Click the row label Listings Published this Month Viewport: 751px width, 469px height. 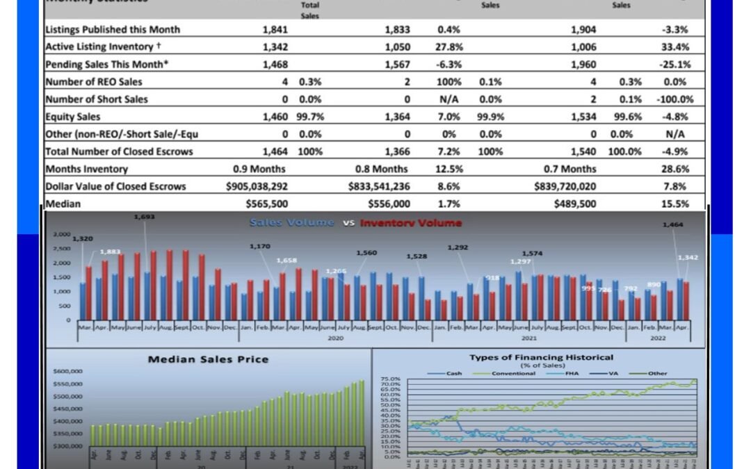click(x=112, y=29)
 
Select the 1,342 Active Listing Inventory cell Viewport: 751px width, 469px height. click(x=275, y=47)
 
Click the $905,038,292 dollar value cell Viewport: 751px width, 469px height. click(x=257, y=186)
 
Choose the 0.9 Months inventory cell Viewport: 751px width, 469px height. click(x=259, y=169)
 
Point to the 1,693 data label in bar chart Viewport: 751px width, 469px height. click(x=145, y=217)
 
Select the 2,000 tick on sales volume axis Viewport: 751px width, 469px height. click(x=63, y=263)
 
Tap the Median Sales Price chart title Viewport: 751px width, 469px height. click(x=208, y=359)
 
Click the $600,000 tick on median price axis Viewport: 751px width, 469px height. click(x=68, y=371)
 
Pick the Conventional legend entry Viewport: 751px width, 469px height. click(x=512, y=373)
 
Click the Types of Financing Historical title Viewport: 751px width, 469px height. click(x=541, y=357)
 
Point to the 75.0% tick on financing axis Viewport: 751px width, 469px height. click(x=391, y=379)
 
